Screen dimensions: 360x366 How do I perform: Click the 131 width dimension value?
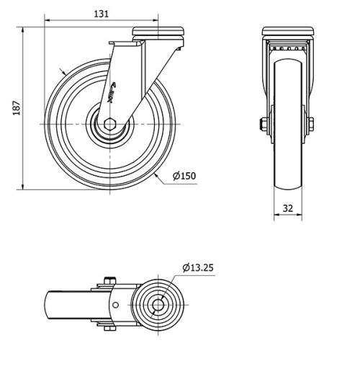pos(101,14)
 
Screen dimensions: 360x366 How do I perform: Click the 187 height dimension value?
pos(17,108)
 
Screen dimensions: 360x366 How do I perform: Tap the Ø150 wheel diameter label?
pos(184,176)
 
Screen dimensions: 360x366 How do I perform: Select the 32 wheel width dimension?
pos(288,208)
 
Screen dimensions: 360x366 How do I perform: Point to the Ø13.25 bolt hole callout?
pos(198,267)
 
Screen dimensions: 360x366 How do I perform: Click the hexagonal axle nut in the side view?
pos(110,124)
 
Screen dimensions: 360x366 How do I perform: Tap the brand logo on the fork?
pos(112,92)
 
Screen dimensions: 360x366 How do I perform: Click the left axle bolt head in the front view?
pos(264,124)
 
